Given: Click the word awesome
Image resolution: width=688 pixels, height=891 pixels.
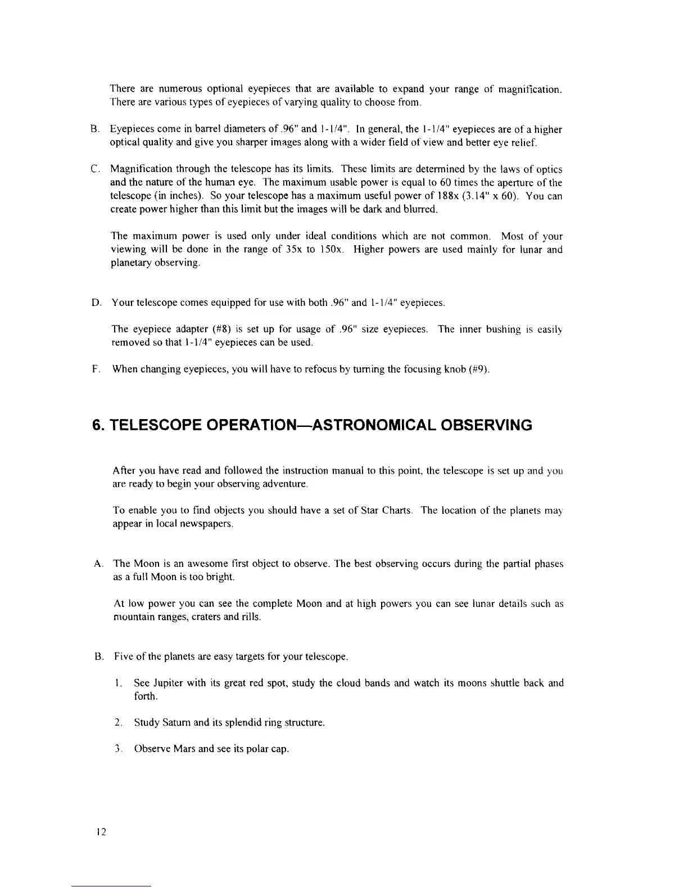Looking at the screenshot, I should pos(190,564).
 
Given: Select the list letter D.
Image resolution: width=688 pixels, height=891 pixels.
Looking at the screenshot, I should pos(95,304).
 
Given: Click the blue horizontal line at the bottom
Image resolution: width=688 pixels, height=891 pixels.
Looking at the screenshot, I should pos(112,886).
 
